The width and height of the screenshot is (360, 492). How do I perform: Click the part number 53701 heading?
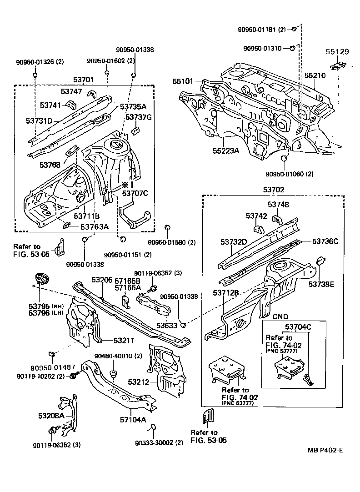pos(84,80)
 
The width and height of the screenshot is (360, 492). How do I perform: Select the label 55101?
pos(183,82)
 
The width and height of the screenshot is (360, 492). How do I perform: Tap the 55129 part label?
pos(337,52)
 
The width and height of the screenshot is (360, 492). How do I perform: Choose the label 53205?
pos(102,280)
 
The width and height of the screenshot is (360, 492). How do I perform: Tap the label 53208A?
pos(50,415)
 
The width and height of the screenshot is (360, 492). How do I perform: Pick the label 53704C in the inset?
pos(298,326)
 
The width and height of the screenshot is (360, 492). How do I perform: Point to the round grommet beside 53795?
pos(41,278)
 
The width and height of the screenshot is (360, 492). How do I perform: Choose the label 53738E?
pos(321,284)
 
